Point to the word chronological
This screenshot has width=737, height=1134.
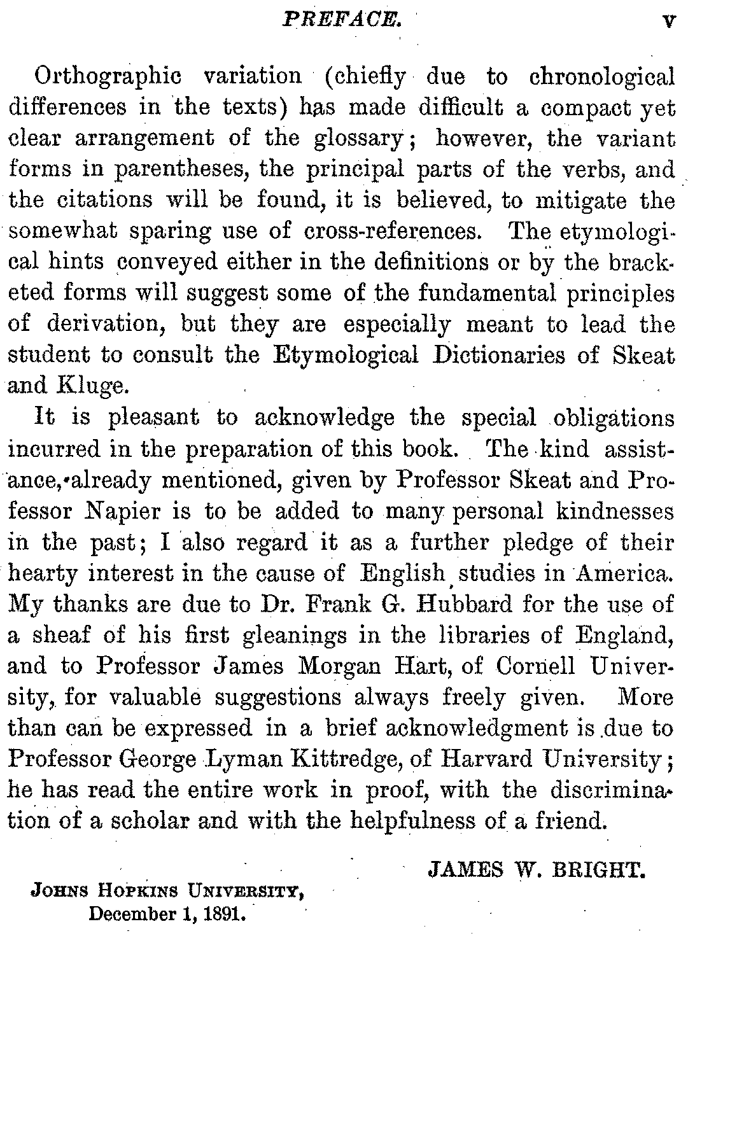601,77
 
